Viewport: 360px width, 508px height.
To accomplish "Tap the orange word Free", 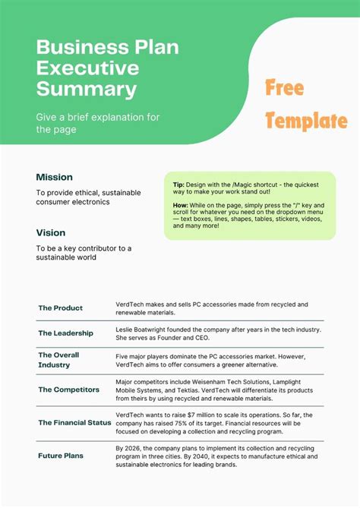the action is point(285,89).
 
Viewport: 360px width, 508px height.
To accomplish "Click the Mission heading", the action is point(55,177).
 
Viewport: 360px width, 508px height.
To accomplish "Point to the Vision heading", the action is point(51,232).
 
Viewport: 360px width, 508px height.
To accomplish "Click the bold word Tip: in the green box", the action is point(178,185).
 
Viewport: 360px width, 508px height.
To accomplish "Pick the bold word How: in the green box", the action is point(181,204).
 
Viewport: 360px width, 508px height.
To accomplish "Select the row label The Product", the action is point(61,308).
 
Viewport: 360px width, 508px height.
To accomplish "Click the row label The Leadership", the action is point(66,333).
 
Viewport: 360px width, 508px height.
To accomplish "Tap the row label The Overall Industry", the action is point(58,360).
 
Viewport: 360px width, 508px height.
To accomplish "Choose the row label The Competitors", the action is point(69,390).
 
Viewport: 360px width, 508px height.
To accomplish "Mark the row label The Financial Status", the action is point(74,422).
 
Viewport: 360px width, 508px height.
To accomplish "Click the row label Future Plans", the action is point(61,456).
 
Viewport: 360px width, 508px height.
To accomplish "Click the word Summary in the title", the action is point(87,90).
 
